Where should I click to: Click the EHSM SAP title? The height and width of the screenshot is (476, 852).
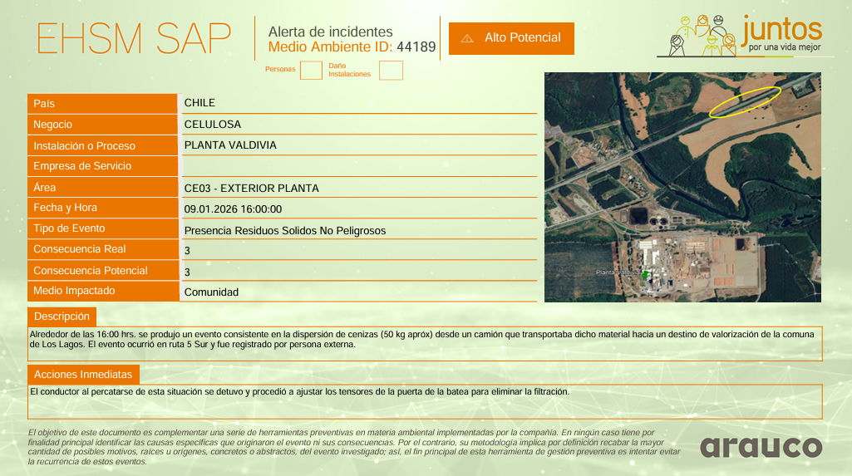click(x=134, y=38)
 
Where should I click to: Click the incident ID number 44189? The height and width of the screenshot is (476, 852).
click(x=416, y=47)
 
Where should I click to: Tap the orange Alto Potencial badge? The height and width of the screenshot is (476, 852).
click(x=511, y=38)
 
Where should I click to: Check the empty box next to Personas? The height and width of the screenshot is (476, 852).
click(x=311, y=71)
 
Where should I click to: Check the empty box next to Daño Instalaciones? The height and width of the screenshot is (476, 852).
click(x=391, y=71)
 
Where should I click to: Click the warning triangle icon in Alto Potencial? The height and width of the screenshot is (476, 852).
click(x=467, y=38)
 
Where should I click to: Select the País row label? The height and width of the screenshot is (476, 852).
click(x=44, y=104)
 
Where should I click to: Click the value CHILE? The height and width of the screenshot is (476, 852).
click(x=199, y=103)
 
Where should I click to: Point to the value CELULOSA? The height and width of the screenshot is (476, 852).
click(x=213, y=125)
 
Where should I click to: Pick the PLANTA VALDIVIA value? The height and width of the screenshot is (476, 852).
click(x=230, y=145)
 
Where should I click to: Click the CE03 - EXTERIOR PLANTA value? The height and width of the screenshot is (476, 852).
click(x=251, y=189)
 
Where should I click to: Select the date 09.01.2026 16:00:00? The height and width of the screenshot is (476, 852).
click(x=233, y=209)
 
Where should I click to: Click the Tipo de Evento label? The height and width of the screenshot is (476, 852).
click(x=69, y=228)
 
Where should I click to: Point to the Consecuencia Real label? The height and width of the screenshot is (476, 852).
click(x=80, y=249)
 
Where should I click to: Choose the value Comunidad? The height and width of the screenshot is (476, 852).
click(x=211, y=292)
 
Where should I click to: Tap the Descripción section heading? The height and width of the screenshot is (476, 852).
click(x=62, y=317)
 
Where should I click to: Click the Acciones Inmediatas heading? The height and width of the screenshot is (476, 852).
click(x=83, y=374)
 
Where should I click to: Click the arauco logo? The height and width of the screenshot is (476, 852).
click(x=761, y=447)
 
